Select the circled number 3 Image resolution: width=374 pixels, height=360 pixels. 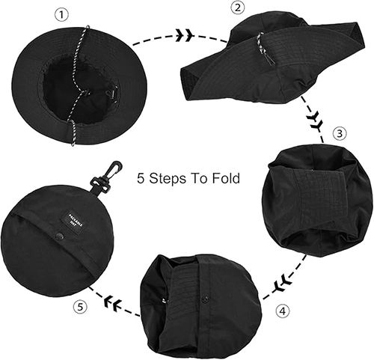pyautogui.click(x=340, y=134)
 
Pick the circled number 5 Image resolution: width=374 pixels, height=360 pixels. pyautogui.click(x=80, y=307)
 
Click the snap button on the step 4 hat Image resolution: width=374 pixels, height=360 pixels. pyautogui.click(x=203, y=299)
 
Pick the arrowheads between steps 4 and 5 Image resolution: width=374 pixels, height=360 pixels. pyautogui.click(x=114, y=303)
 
